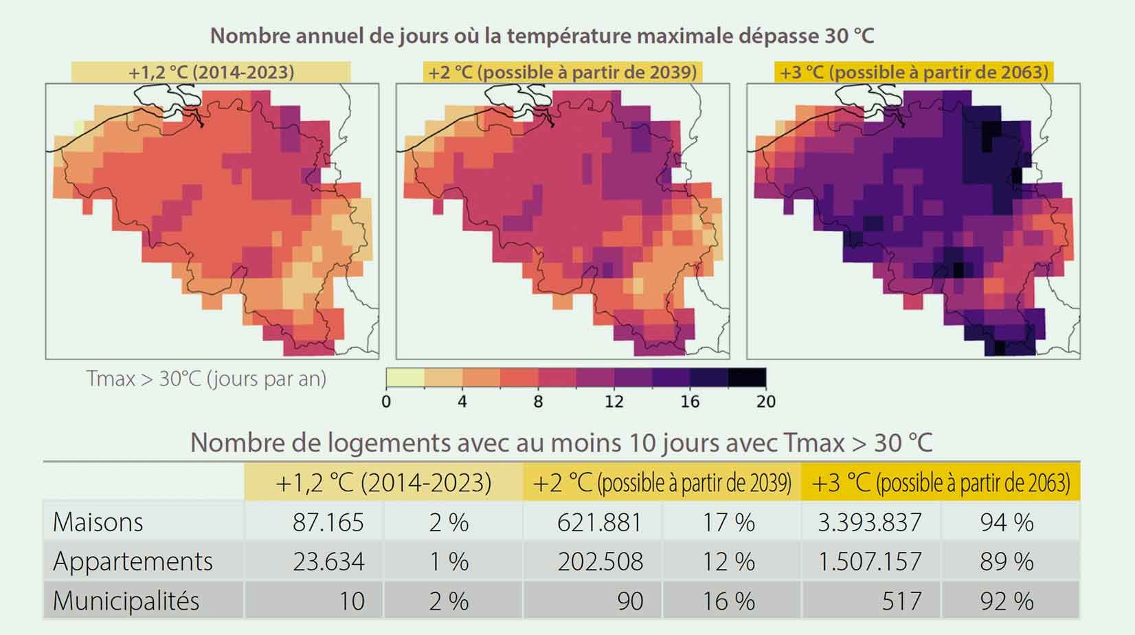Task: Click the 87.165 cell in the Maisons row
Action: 328,522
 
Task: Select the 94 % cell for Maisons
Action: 1007,522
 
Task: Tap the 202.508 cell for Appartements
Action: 600,561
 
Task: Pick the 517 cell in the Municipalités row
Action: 901,601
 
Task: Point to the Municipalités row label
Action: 126,601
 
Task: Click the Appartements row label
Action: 133,561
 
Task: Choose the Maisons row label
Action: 98,522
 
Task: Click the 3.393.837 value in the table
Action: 869,522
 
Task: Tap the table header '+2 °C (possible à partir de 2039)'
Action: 662,482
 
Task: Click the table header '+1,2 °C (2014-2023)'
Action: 383,482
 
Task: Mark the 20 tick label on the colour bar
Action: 765,401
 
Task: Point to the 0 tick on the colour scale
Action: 386,401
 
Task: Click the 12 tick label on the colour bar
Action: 614,401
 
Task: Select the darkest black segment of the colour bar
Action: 747,377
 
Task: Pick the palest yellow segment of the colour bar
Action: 405,377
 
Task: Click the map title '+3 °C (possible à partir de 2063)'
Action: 914,72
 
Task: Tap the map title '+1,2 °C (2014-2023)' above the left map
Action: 211,72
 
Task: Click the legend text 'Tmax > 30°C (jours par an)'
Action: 206,379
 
